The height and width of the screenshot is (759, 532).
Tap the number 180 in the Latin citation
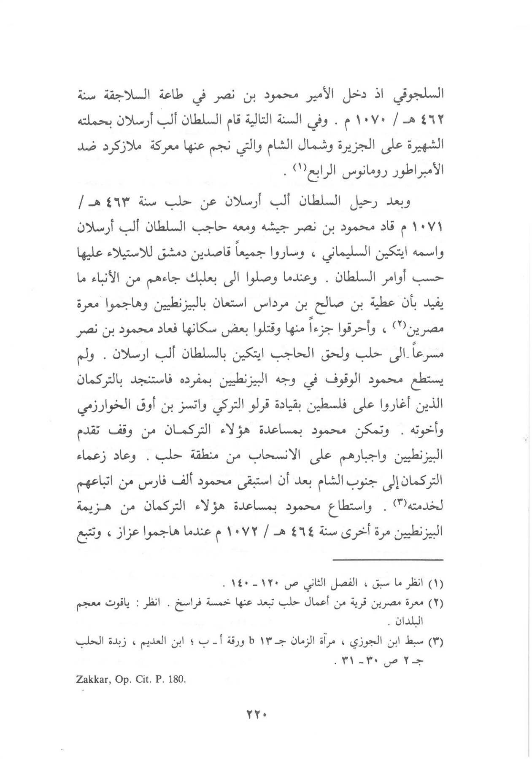tap(176, 680)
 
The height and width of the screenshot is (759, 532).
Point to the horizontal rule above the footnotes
tap(388, 560)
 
